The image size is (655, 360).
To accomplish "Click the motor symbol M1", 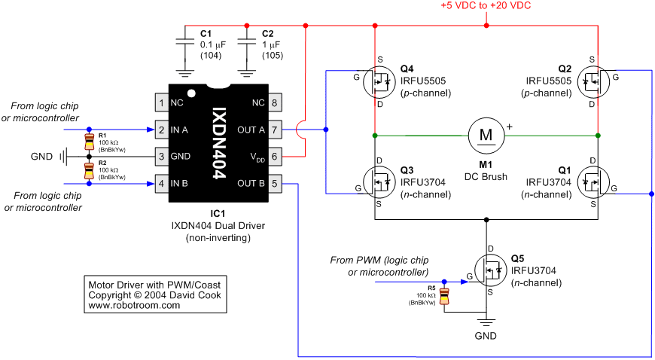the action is pos(486,135).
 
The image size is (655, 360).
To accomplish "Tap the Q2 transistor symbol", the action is pos(593,82).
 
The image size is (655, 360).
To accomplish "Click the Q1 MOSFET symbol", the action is pos(593,182).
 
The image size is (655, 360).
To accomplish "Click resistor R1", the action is pos(89,142).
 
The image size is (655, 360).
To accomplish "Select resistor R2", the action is pos(89,170).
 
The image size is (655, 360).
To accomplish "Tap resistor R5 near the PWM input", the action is pos(444,296).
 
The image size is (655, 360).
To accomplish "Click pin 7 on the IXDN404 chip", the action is pos(274,130).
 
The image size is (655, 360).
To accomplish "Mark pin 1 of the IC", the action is pos(162,103).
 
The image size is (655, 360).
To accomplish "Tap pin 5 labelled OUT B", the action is pos(274,183).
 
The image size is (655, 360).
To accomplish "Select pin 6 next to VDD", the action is pos(274,157).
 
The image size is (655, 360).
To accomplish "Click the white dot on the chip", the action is pos(191,93).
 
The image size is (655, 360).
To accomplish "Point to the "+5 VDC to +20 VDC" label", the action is pos(486,6).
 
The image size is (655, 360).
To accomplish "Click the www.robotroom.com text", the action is pos(134,305).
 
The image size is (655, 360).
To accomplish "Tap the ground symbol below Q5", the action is pos(486,323).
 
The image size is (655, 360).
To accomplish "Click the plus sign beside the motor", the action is pos(509,127).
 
